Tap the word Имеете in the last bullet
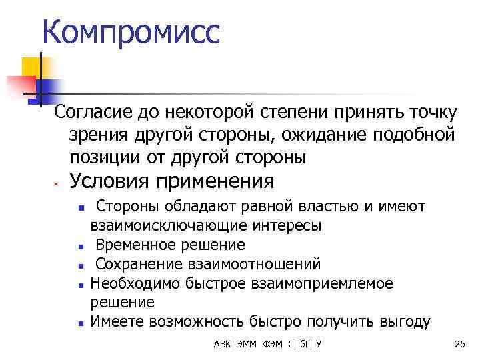(x=117, y=322)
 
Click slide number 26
(x=459, y=344)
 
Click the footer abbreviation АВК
(x=223, y=344)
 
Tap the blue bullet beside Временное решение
(x=80, y=246)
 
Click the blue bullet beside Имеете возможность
(x=80, y=323)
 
